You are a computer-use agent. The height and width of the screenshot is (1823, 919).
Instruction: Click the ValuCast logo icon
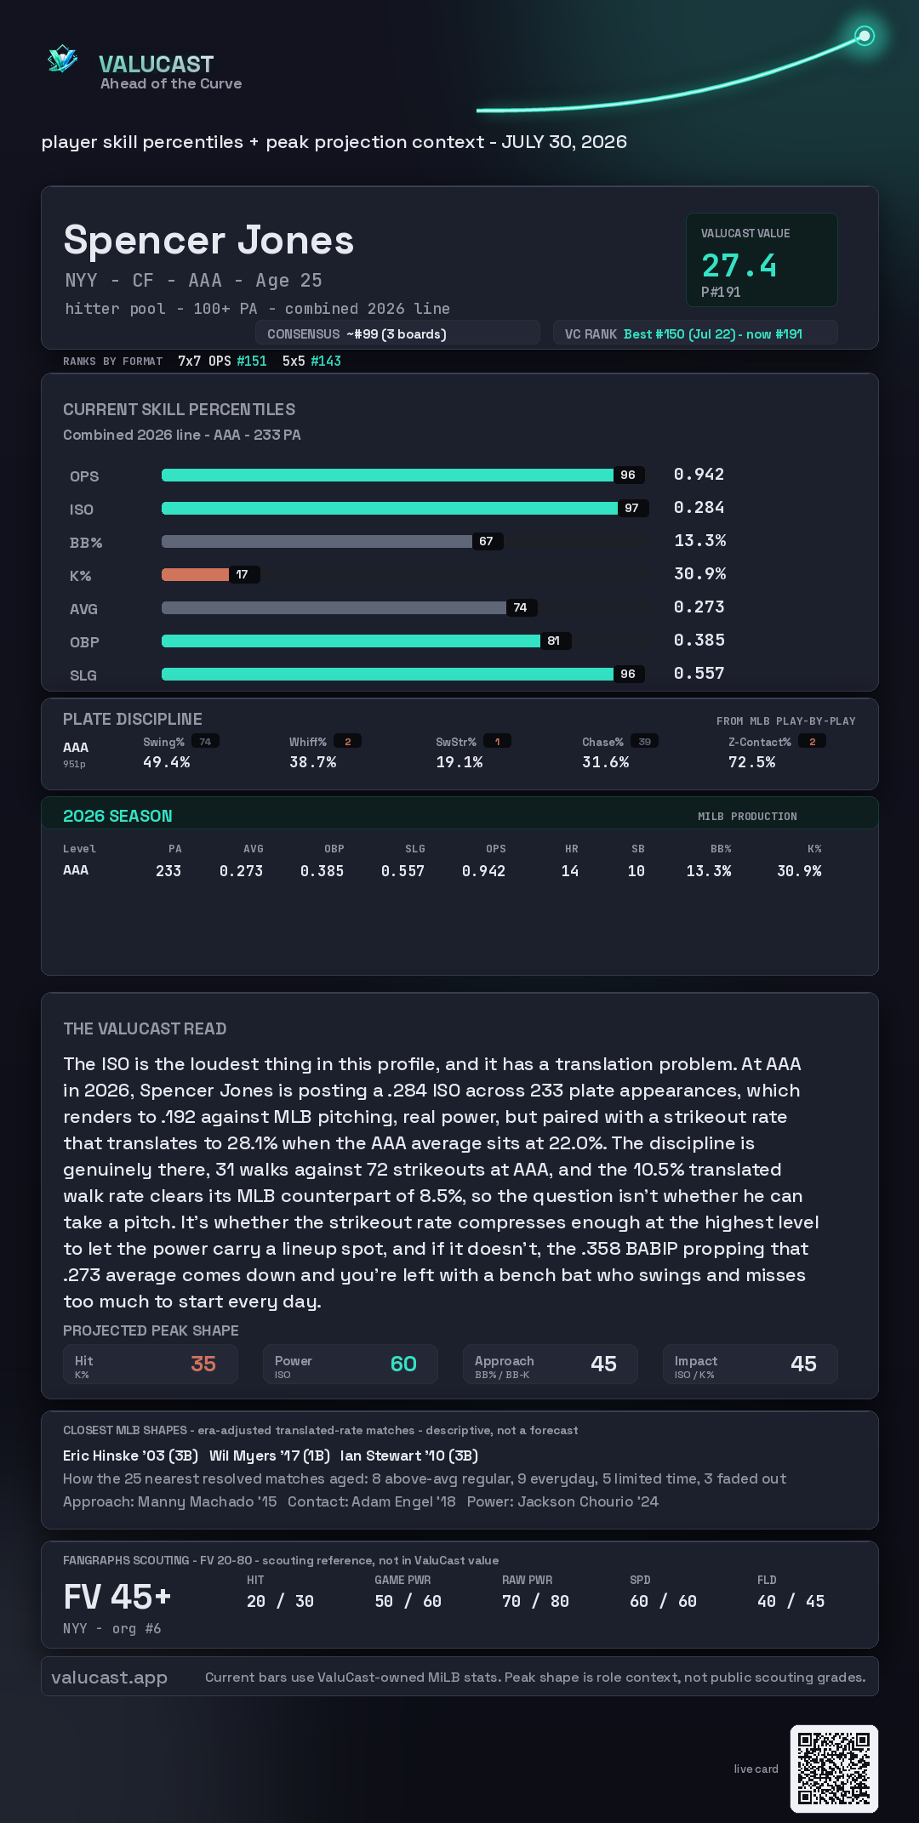[x=62, y=59]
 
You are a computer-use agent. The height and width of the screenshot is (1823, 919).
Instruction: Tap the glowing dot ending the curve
[x=865, y=36]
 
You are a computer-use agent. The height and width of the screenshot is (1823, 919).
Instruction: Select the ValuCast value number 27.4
[x=739, y=265]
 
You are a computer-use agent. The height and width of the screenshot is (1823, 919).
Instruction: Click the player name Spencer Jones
[x=208, y=240]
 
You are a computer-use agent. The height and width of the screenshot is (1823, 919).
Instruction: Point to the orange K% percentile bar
[x=195, y=574]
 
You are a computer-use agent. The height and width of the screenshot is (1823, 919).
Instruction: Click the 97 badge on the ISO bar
[x=631, y=508]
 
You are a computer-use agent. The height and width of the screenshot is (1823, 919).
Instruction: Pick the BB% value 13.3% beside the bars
[x=699, y=540]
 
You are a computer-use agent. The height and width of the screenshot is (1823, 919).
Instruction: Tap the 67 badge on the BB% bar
[x=486, y=541]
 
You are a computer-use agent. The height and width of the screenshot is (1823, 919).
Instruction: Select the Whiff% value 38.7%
[x=312, y=762]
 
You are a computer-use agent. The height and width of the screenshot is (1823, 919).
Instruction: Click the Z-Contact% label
[x=759, y=742]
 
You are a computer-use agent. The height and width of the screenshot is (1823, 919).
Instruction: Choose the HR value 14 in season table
[x=569, y=871]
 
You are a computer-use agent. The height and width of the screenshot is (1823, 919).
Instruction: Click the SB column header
[x=637, y=849]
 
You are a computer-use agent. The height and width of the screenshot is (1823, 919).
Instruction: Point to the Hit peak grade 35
[x=203, y=1364]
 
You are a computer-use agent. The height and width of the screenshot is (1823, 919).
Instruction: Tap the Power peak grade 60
[x=403, y=1364]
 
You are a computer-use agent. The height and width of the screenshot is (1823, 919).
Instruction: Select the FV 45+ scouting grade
[x=117, y=1597]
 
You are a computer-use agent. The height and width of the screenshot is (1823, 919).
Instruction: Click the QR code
[x=834, y=1769]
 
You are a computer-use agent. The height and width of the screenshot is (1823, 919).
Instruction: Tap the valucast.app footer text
[x=109, y=1678]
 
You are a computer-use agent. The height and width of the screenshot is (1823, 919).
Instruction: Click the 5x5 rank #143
[x=326, y=361]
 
